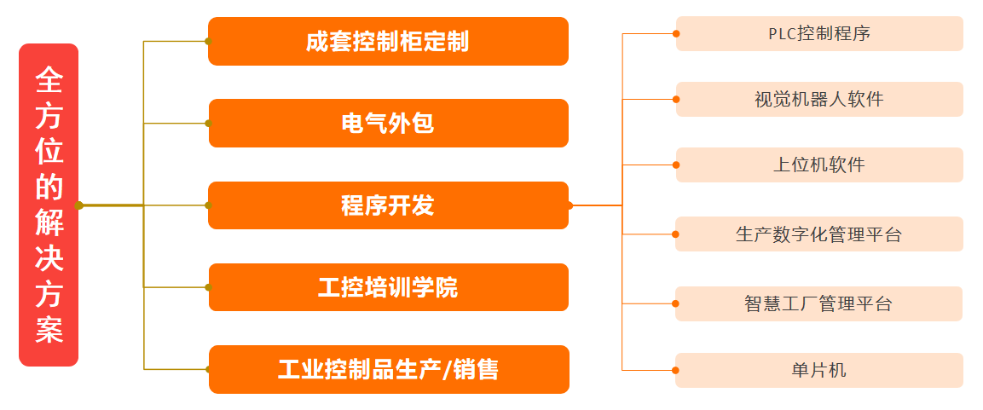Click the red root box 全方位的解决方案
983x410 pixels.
tap(49, 205)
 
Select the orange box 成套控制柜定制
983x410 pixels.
tap(388, 42)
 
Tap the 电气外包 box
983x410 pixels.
tap(388, 124)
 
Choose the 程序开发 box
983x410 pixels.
tap(388, 205)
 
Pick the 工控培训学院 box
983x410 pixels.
tap(388, 287)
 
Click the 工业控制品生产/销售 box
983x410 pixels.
tap(389, 369)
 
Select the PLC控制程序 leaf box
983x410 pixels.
tap(819, 34)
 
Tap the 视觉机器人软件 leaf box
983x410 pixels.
tap(819, 99)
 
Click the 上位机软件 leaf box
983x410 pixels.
tap(819, 165)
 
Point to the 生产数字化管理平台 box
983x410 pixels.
tap(819, 234)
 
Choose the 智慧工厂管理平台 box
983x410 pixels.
tap(819, 304)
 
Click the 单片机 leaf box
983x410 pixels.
tap(819, 371)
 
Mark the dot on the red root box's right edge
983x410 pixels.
tap(79, 205)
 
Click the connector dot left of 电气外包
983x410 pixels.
tap(209, 124)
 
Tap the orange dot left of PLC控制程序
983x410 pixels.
tap(676, 34)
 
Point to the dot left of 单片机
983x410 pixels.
tap(676, 370)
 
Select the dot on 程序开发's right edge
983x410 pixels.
tap(570, 205)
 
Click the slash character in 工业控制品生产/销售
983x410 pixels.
tap(446, 370)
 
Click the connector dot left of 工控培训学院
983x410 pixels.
tap(209, 287)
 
